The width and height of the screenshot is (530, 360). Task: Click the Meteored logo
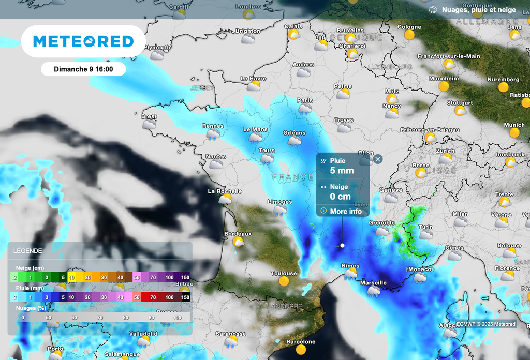83,41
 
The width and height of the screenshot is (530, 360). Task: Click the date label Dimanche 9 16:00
83,69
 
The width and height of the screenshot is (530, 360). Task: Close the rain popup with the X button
378,159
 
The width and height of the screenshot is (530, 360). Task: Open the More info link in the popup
346,211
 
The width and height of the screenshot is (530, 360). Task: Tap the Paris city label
305,100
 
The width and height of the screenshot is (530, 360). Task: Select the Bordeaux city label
238,234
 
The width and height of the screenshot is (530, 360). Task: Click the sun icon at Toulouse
284,281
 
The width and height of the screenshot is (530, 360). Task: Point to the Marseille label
373,283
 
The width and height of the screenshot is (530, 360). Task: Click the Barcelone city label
301,342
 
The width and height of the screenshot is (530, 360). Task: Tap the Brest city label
149,117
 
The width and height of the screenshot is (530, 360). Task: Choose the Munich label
514,125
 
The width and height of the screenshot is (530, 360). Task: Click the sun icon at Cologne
409,35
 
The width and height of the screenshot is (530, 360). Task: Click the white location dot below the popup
342,245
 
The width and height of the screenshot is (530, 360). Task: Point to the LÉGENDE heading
28,250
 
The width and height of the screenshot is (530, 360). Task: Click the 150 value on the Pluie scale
185,297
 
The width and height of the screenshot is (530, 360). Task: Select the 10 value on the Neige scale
71,278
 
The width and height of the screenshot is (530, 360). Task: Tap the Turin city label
426,227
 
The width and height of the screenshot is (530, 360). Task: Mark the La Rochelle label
225,191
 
